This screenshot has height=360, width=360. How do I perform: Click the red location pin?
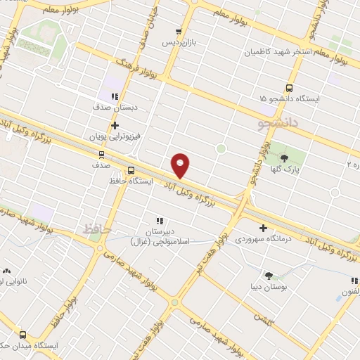click(x=181, y=165)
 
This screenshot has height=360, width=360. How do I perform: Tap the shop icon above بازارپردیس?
click(x=179, y=32)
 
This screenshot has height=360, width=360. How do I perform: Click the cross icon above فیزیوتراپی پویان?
click(x=115, y=125)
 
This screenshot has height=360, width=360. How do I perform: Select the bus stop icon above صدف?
click(x=101, y=154)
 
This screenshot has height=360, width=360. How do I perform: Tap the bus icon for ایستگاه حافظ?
click(x=131, y=169)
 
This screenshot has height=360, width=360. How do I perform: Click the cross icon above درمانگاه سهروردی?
click(x=264, y=228)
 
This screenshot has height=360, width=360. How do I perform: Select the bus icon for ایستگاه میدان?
click(x=23, y=335)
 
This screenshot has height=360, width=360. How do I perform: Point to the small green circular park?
click(x=221, y=148)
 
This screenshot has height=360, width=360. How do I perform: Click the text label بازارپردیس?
click(x=179, y=42)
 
